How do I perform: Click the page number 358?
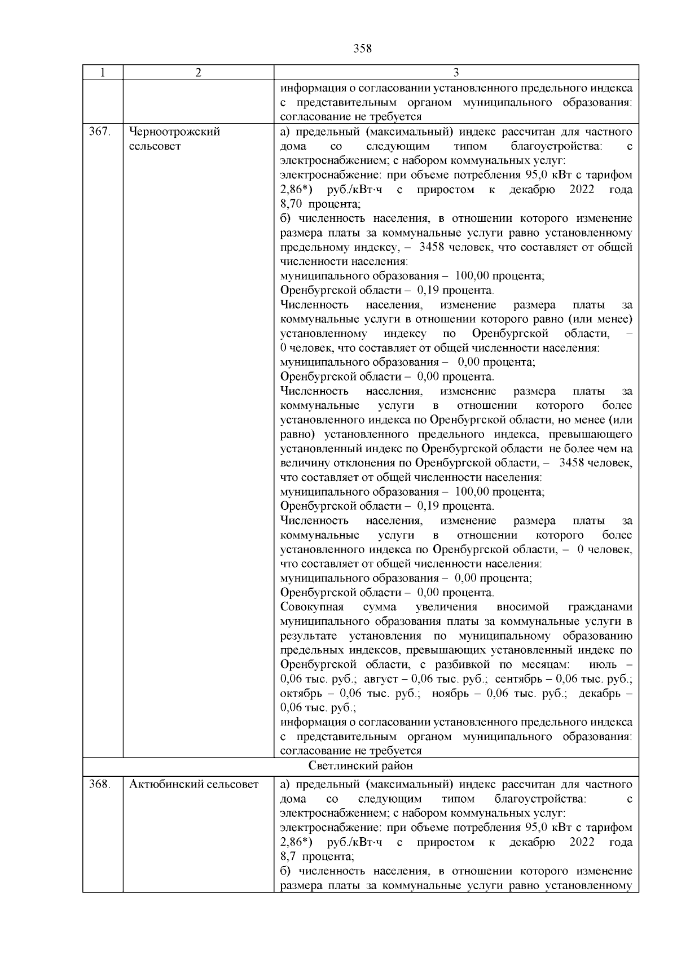(x=362, y=49)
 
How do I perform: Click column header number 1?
(x=102, y=72)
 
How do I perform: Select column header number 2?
(x=198, y=72)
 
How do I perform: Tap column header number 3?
(x=456, y=72)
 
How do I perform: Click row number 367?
(x=100, y=132)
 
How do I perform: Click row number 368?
(x=100, y=784)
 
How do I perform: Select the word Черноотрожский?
(x=174, y=132)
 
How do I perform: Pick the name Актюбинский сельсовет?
(x=194, y=784)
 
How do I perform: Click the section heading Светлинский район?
(x=361, y=765)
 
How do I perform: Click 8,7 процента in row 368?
(x=317, y=856)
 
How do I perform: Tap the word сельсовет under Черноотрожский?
(x=155, y=146)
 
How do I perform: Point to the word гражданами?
(x=600, y=607)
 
